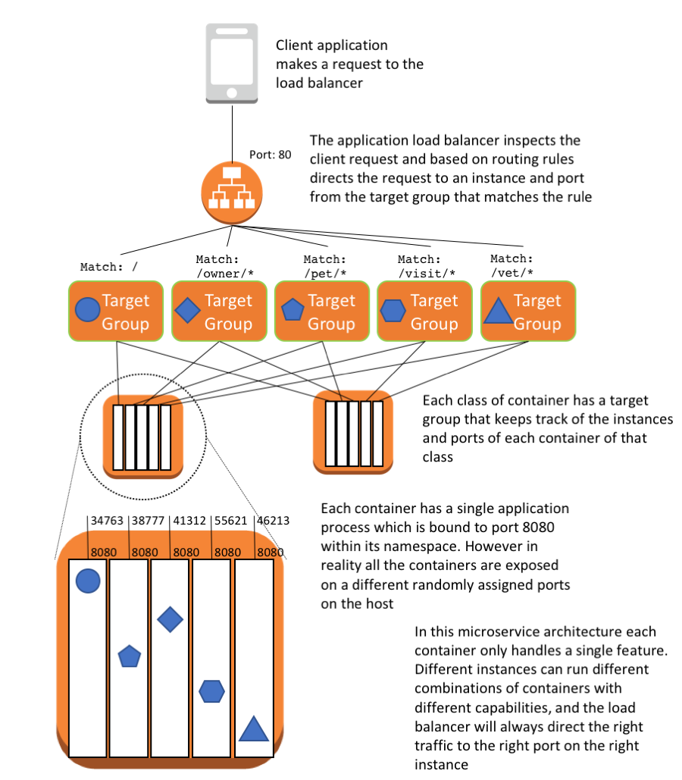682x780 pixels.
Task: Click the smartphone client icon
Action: click(x=232, y=63)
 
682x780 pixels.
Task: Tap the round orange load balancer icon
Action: click(x=232, y=193)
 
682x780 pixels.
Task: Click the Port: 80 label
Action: click(x=270, y=155)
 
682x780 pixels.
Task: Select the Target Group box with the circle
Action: click(x=116, y=311)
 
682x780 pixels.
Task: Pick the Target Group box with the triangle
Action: click(x=528, y=311)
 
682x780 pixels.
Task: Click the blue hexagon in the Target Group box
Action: click(x=393, y=311)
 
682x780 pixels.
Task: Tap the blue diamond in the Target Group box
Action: click(x=187, y=311)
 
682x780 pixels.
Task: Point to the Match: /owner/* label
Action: click(x=225, y=267)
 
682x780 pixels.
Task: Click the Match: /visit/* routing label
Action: click(x=427, y=267)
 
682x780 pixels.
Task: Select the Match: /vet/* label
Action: click(x=511, y=265)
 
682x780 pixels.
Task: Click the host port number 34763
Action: click(x=107, y=521)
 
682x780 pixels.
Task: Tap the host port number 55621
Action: click(x=231, y=521)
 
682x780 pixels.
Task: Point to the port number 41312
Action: click(x=189, y=521)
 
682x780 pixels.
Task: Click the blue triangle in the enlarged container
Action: click(x=254, y=729)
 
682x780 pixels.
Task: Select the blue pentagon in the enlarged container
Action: click(x=130, y=656)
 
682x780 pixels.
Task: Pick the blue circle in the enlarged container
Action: click(x=88, y=581)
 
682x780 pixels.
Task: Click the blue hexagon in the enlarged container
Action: click(x=212, y=691)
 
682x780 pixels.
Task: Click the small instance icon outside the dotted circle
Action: click(x=353, y=432)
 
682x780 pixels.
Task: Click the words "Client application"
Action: click(x=332, y=45)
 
